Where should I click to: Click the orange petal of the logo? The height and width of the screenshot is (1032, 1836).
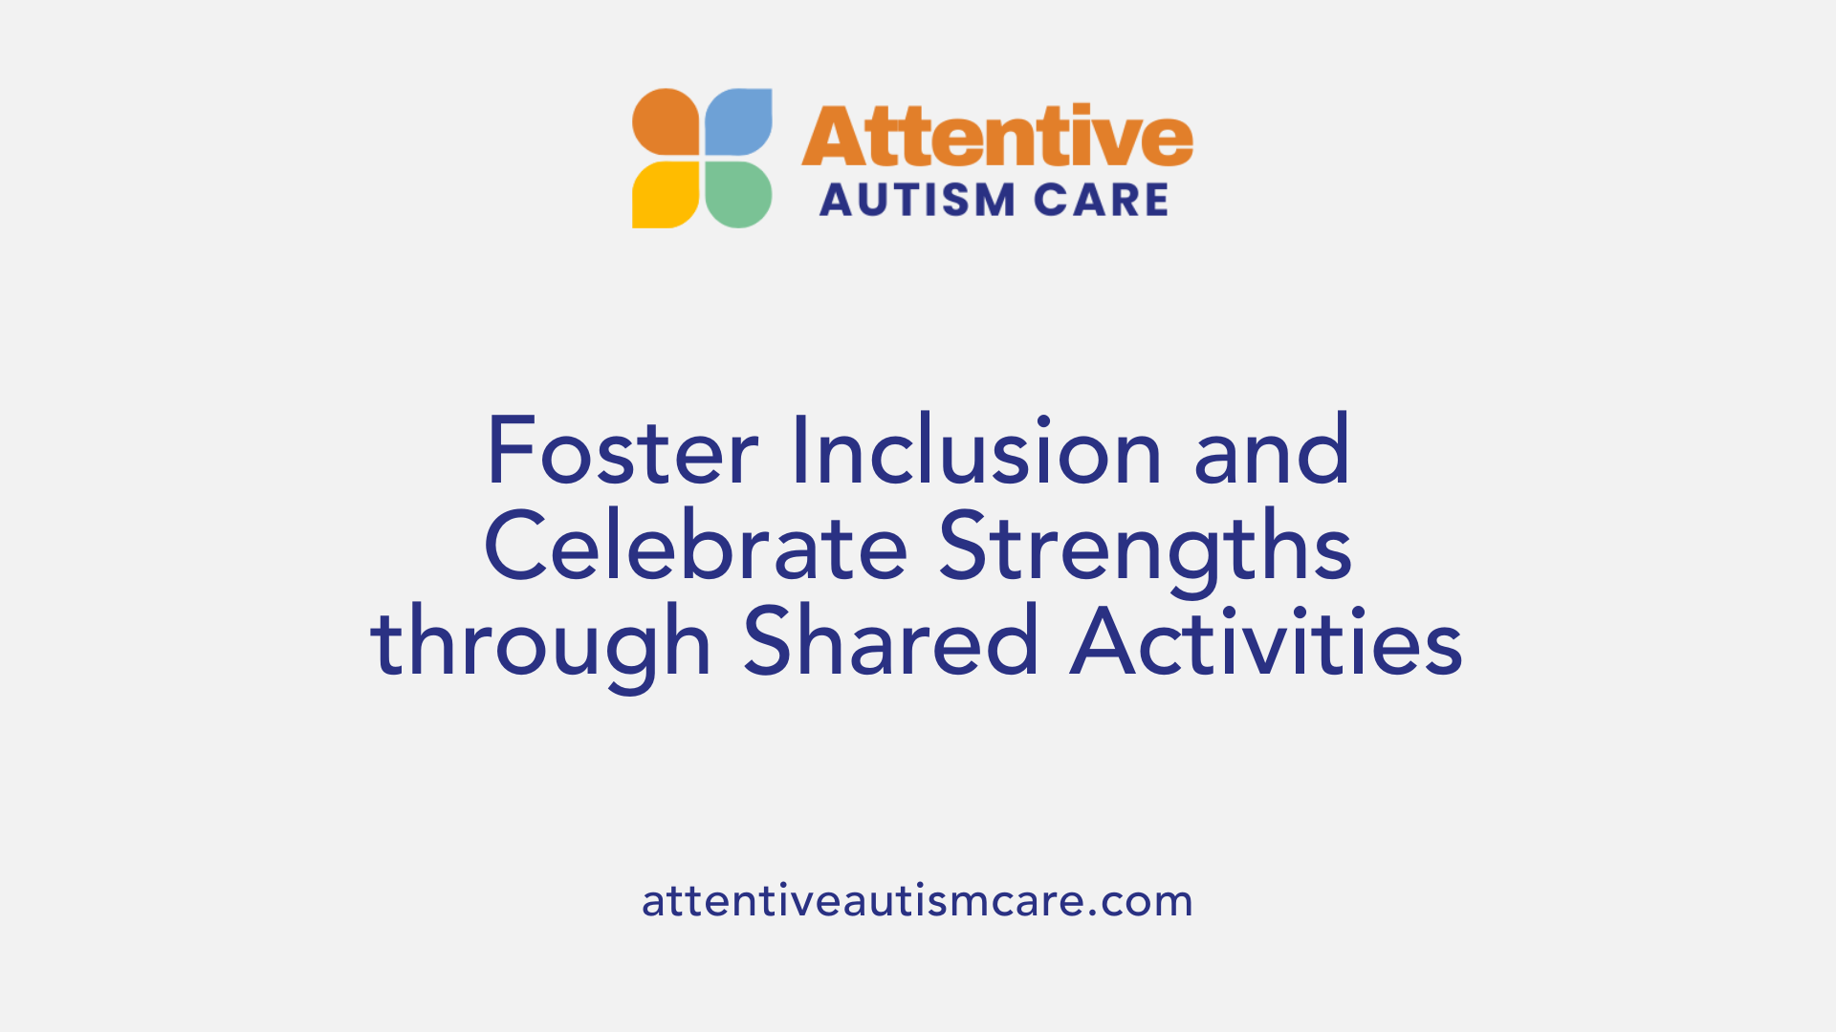coord(667,121)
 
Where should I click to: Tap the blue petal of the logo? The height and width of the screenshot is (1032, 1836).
coord(738,121)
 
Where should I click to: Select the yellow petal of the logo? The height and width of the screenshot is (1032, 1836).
coord(667,195)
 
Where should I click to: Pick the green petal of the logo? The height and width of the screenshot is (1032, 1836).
coord(738,195)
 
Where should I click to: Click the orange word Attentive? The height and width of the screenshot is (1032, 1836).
coord(996,137)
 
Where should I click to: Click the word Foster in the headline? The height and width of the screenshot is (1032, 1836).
coord(623,452)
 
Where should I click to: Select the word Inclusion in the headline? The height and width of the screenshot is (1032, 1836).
coord(976,452)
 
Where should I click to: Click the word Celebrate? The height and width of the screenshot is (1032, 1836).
coord(696,547)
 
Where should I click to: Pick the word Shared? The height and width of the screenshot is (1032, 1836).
coord(891,642)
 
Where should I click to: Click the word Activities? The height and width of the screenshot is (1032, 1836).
coord(1266,642)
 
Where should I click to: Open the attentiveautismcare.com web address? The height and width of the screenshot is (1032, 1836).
coord(917,901)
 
